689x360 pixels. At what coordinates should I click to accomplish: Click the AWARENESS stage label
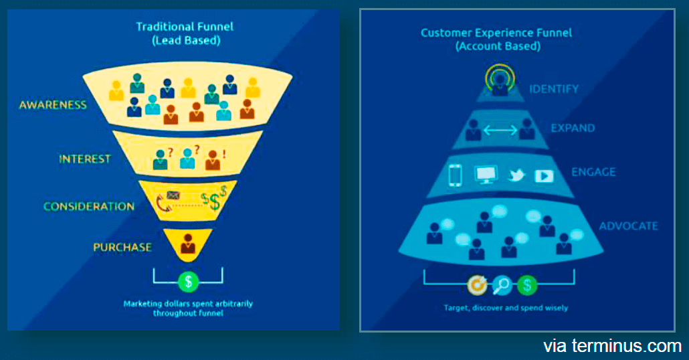click(x=53, y=105)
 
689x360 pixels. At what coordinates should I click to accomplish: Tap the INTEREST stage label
click(x=84, y=159)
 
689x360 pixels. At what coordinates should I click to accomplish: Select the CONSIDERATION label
click(x=89, y=206)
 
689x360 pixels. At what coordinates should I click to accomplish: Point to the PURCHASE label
click(x=122, y=247)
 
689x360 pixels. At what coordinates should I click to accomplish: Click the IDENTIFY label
click(x=554, y=89)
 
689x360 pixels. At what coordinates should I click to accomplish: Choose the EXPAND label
click(x=573, y=128)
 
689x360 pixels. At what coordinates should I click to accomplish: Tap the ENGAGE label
click(x=593, y=172)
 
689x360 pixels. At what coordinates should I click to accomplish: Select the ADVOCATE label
click(x=628, y=226)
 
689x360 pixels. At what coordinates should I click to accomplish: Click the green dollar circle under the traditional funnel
click(x=188, y=281)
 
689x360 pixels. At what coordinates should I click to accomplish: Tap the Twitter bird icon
click(x=516, y=175)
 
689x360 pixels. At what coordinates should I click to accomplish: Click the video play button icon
click(x=544, y=176)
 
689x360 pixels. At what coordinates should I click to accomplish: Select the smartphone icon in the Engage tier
click(x=456, y=175)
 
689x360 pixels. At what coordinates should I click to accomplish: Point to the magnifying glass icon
click(x=501, y=286)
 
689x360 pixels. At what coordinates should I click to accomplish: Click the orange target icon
click(x=476, y=286)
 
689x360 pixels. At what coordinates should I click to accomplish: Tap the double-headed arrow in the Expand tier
click(x=500, y=129)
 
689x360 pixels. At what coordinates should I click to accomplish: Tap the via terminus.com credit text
click(x=612, y=346)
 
